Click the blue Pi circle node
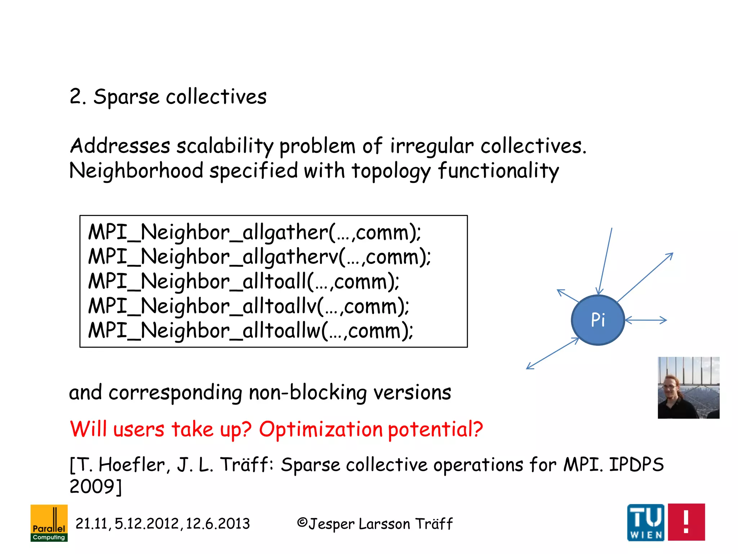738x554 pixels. point(598,320)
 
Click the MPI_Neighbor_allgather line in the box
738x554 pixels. point(254,232)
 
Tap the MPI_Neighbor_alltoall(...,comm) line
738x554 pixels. point(244,282)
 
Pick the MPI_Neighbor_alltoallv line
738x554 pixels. point(249,306)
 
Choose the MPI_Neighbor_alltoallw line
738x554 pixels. point(250,331)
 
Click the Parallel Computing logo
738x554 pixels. point(49,523)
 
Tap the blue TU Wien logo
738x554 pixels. point(646,522)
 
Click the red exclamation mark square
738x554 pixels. point(686,522)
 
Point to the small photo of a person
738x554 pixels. point(688,388)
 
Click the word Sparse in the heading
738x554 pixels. point(126,97)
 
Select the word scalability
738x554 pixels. point(225,146)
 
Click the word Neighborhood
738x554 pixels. point(136,171)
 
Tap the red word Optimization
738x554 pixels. point(320,430)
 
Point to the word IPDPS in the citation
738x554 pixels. point(636,465)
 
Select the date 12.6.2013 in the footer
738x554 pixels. point(218,524)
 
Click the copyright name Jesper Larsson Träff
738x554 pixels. point(380,524)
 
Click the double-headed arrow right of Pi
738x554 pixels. point(646,320)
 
